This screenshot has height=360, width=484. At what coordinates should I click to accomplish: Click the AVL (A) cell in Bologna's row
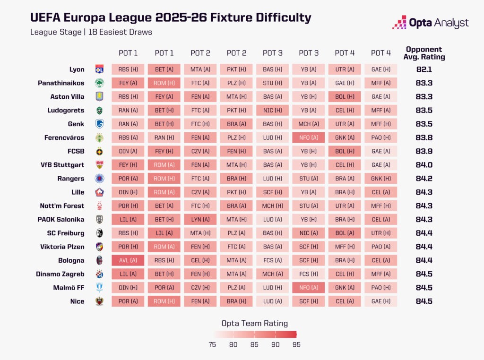(x=128, y=260)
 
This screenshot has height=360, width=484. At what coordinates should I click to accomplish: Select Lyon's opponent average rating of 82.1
(x=423, y=69)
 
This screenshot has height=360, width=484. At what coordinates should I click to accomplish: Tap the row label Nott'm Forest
(x=61, y=206)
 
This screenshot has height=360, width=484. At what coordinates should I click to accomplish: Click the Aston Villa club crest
(x=99, y=96)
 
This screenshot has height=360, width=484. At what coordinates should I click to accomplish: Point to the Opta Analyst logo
(x=430, y=23)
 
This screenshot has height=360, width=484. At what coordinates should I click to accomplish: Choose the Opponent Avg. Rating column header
(x=423, y=53)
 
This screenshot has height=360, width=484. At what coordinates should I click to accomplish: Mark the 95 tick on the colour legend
(x=296, y=344)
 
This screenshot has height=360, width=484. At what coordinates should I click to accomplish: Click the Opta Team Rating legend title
(x=254, y=324)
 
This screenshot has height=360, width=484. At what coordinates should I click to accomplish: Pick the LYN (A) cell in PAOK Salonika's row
(x=200, y=220)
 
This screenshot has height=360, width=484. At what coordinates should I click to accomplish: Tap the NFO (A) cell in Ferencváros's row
(x=308, y=137)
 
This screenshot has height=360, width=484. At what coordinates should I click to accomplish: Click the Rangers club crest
(x=99, y=179)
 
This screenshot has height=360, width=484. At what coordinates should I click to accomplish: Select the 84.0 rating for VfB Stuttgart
(x=423, y=165)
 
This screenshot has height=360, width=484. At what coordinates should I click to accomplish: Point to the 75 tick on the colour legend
(x=212, y=344)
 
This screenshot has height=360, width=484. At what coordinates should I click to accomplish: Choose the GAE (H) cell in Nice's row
(x=380, y=301)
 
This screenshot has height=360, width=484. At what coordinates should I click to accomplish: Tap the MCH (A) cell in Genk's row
(x=308, y=124)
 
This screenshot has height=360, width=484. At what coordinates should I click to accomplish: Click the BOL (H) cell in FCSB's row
(x=345, y=151)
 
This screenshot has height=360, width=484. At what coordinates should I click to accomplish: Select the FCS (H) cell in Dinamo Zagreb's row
(x=308, y=274)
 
